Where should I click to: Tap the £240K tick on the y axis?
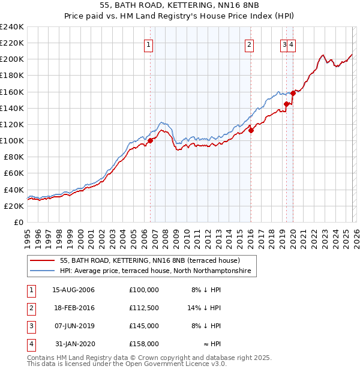coord(12,27)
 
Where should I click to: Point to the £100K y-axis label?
coord(12,140)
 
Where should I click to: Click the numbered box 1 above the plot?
coord(148,44)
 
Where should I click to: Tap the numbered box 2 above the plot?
coord(248,44)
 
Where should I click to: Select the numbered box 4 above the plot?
coord(291,44)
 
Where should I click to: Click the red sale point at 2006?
coord(151,140)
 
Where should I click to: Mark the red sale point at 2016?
coord(251,130)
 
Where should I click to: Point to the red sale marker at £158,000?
coord(293,93)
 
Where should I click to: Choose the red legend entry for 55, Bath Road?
coord(150,261)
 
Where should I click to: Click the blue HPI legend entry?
coord(158,272)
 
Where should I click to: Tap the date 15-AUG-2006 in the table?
coord(73,290)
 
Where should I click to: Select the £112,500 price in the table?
coord(144,308)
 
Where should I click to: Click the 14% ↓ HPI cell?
coord(205,308)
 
